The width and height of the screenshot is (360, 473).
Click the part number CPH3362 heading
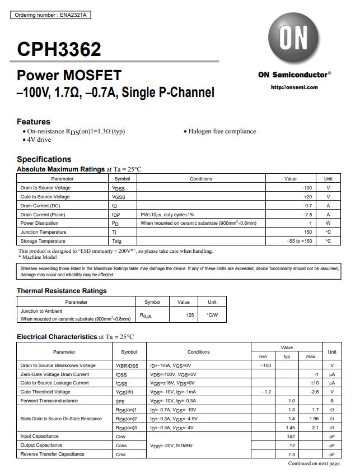click(x=59, y=49)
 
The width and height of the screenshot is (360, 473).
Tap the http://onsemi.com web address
click(x=294, y=87)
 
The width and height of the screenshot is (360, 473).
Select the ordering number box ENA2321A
click(x=50, y=15)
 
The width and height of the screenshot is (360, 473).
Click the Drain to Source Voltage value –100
click(x=306, y=188)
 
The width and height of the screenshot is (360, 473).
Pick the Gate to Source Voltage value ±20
click(x=307, y=197)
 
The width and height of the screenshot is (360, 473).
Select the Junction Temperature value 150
click(x=308, y=232)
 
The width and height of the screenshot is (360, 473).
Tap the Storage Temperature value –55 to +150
click(x=300, y=240)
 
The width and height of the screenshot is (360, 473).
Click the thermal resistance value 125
click(x=190, y=315)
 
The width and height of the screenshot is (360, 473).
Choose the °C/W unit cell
click(x=212, y=315)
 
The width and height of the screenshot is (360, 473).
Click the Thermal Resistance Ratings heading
click(x=62, y=291)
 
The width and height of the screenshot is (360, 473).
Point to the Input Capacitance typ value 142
click(x=291, y=436)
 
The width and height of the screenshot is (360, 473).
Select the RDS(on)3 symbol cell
click(x=127, y=428)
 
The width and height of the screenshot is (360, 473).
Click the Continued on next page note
click(x=314, y=463)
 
